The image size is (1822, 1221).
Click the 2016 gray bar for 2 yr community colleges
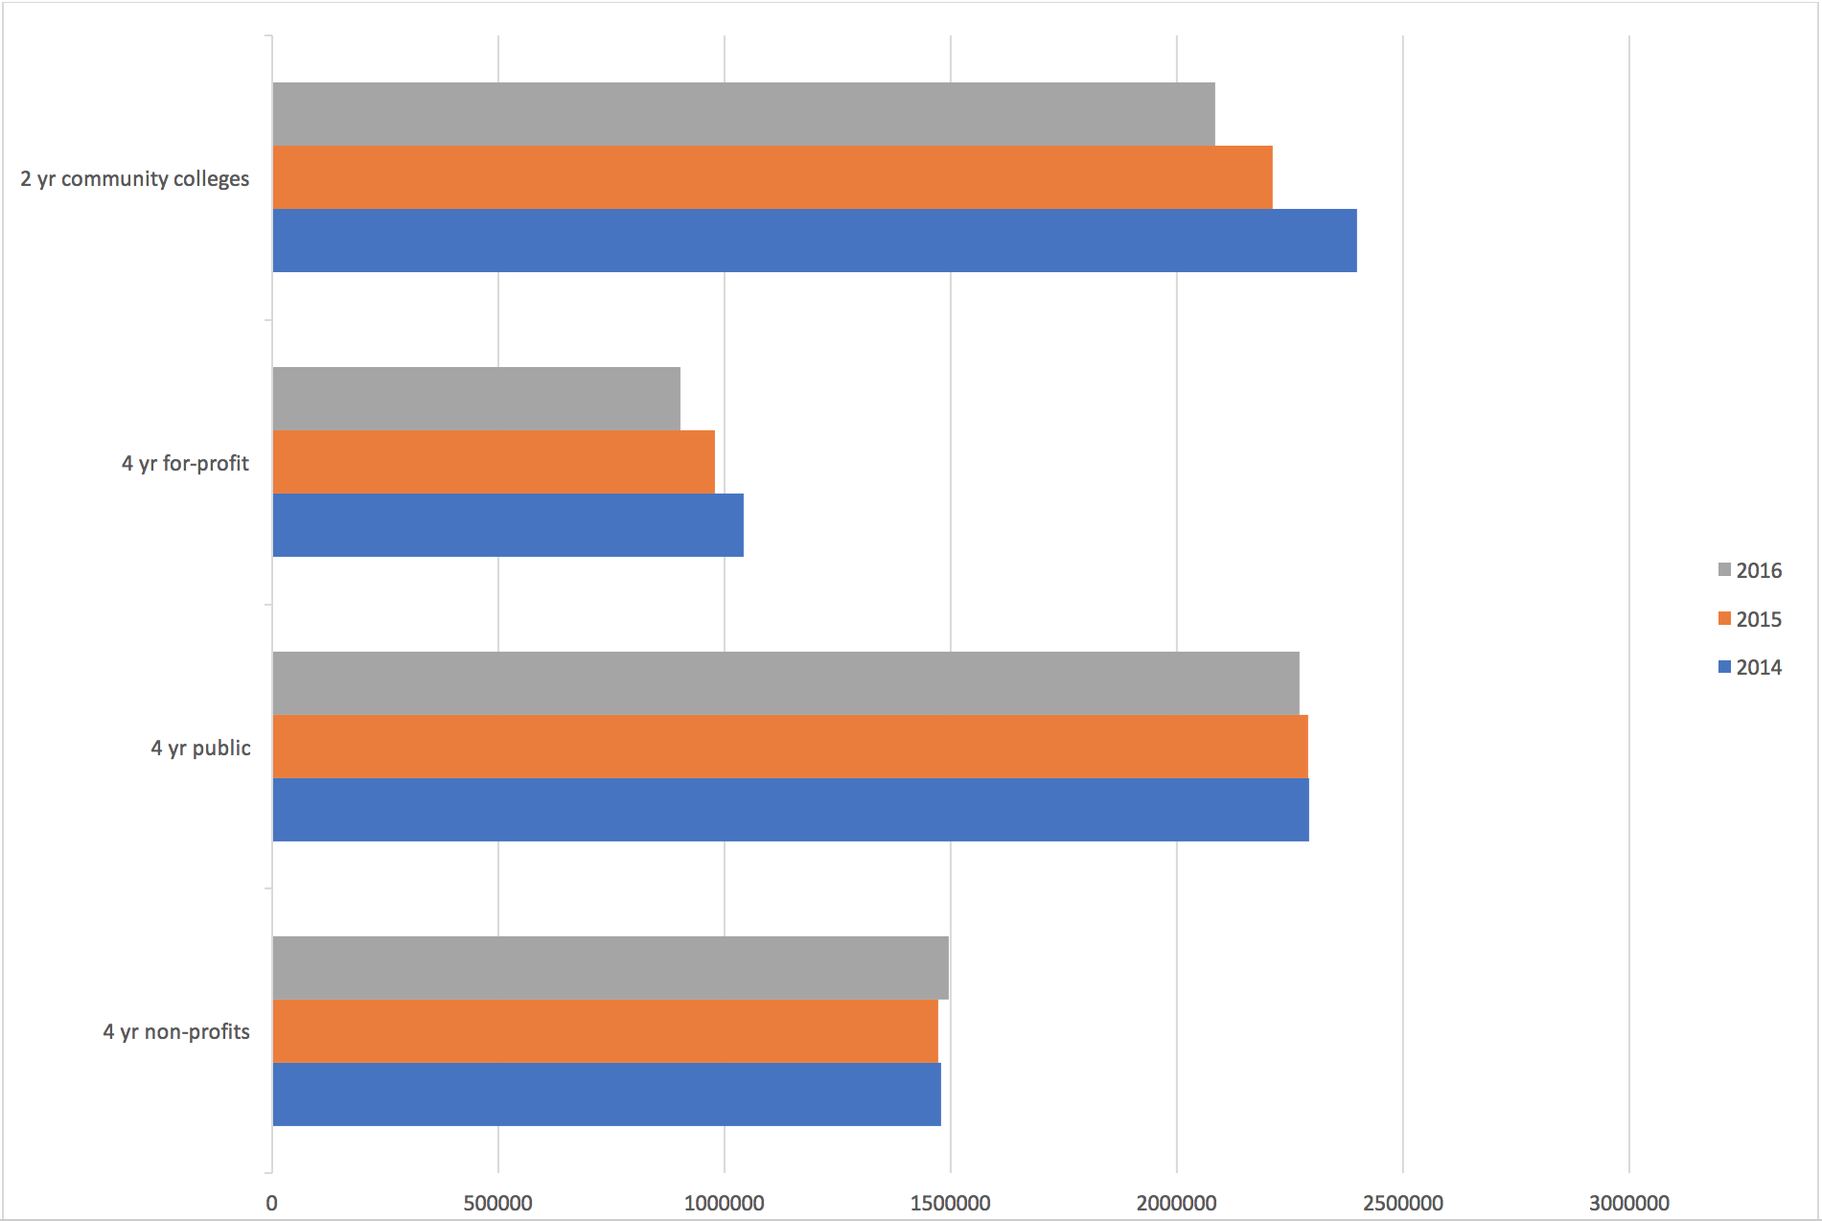[x=744, y=114]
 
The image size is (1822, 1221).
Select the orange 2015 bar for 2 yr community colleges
[x=773, y=177]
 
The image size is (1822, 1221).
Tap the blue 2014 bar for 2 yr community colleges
[x=815, y=241]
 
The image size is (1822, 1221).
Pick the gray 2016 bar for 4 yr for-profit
[x=476, y=399]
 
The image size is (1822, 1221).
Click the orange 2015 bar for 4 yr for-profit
[x=494, y=462]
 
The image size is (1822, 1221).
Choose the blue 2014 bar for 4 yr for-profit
[x=508, y=525]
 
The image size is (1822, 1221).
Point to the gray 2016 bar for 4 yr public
[x=786, y=683]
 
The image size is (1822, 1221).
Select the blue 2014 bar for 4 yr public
[x=791, y=810]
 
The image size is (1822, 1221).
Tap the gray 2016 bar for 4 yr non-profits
[x=611, y=968]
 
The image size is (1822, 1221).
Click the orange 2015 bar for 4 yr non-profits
[x=606, y=1031]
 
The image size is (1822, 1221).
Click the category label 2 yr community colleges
[x=135, y=179]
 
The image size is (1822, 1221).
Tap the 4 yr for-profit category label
[x=185, y=464]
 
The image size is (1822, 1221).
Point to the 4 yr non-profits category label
[x=176, y=1032]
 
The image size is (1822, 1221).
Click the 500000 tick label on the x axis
[x=497, y=1203]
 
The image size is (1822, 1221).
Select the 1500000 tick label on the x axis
[x=950, y=1203]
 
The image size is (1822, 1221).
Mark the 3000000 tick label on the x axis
[x=1628, y=1203]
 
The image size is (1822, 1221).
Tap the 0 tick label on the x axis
[x=272, y=1203]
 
